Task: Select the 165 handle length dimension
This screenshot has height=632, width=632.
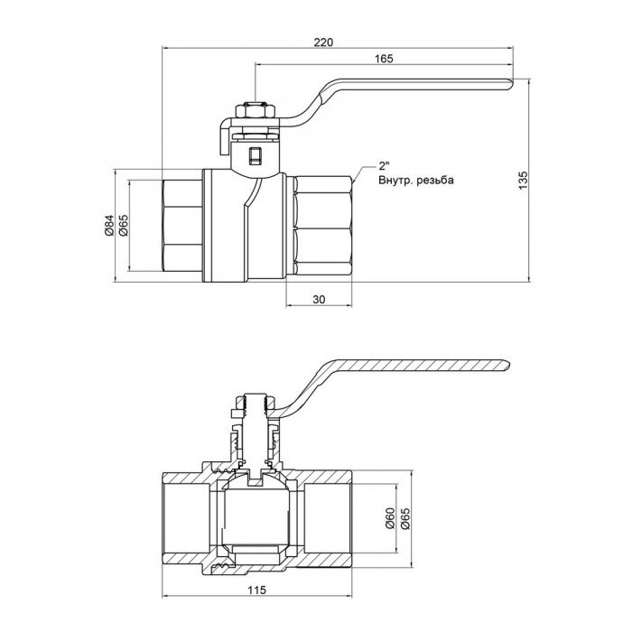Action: tap(383, 59)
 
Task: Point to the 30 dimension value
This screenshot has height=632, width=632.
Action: tap(318, 298)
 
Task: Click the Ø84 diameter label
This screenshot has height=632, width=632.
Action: tap(108, 225)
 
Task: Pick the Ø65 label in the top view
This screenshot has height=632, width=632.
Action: tap(123, 225)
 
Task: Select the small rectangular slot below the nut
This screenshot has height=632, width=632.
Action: tap(255, 155)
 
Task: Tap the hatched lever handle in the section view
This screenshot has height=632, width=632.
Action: tap(415, 366)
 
